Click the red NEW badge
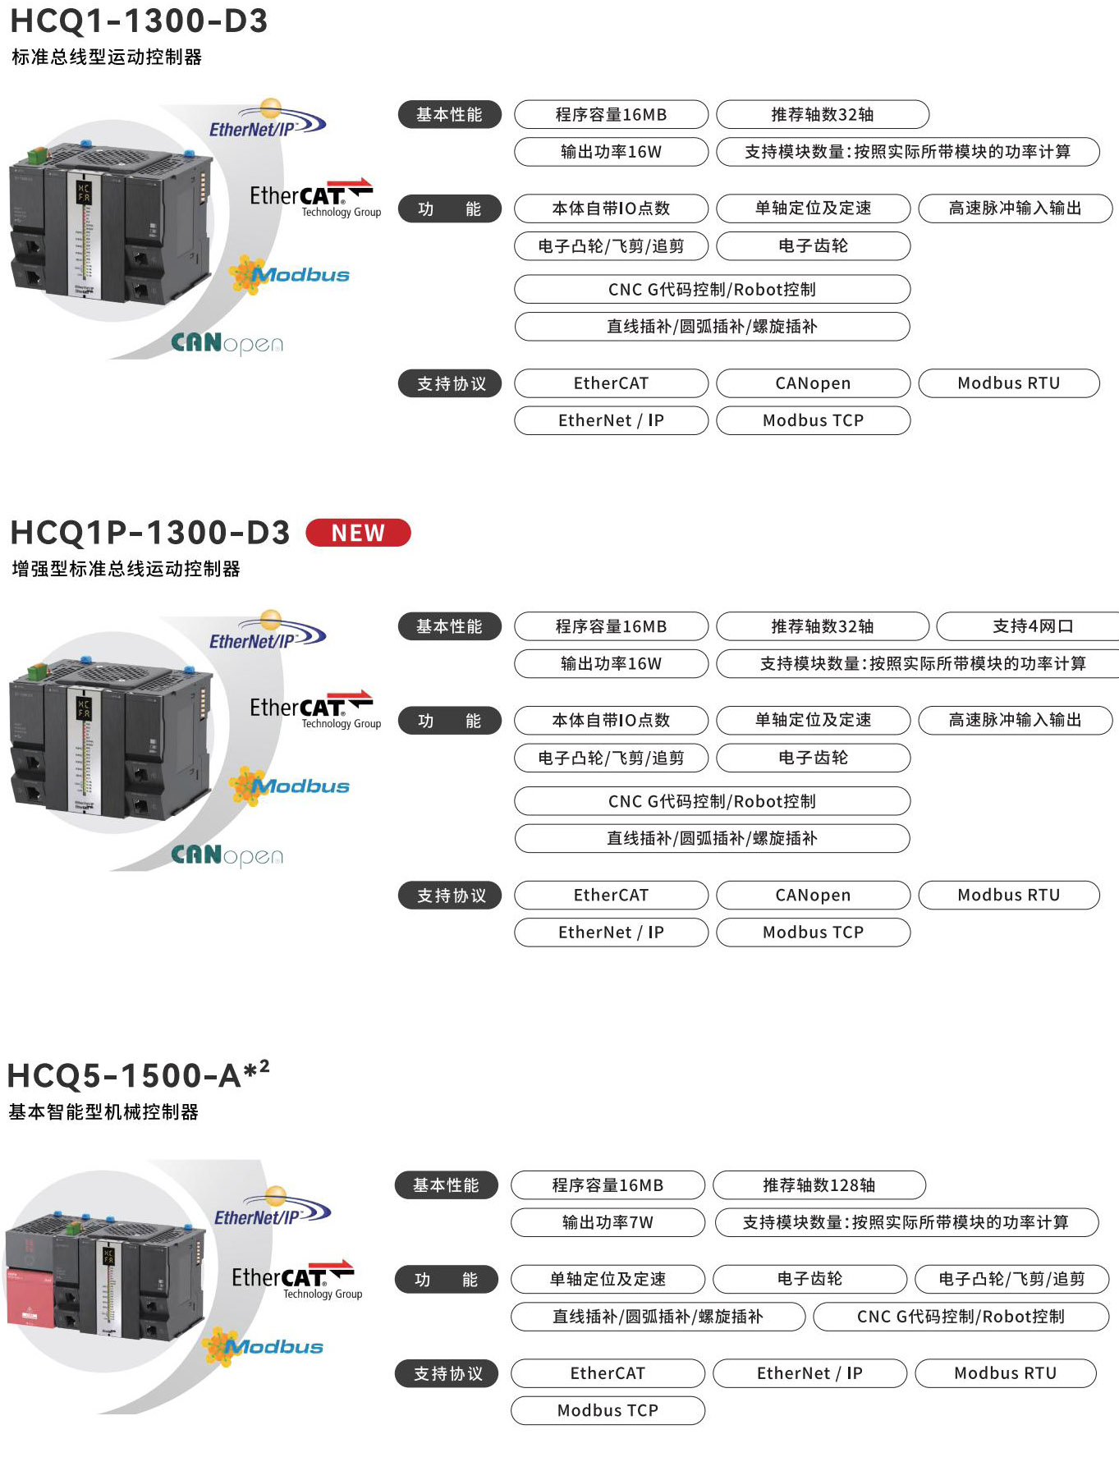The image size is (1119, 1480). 358,533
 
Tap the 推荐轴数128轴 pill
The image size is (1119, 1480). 819,1185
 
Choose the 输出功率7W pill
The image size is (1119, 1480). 608,1222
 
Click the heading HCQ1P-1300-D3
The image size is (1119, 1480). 150,533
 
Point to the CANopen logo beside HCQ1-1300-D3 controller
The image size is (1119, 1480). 227,343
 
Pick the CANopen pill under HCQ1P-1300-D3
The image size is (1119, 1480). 813,895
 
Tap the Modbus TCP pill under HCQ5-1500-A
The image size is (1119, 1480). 608,1410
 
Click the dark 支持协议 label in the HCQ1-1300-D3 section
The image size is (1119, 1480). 450,383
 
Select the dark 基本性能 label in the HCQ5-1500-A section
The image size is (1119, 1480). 446,1185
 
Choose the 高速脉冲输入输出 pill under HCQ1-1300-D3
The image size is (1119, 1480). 1015,208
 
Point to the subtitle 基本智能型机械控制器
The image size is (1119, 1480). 103,1112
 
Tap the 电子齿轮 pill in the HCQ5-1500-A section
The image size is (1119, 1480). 809,1279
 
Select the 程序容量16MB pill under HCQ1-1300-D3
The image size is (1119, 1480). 611,115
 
